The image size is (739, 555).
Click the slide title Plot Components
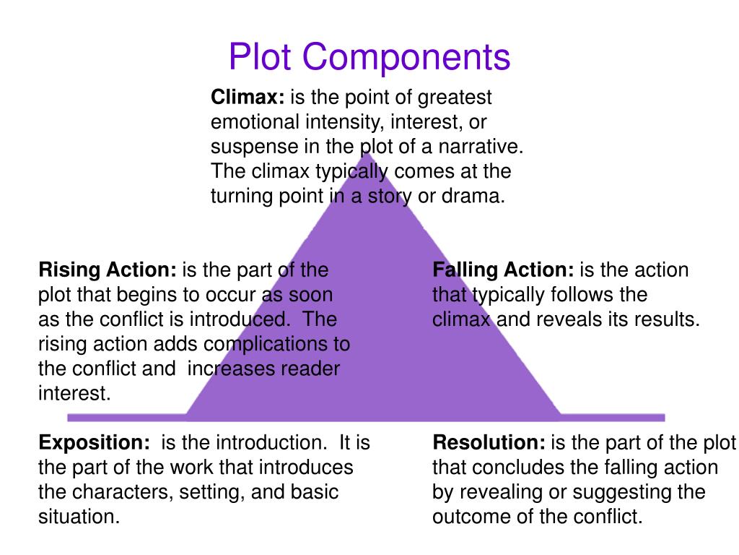point(369,57)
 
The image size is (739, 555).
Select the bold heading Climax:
point(246,97)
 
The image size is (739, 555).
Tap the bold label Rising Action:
point(107,270)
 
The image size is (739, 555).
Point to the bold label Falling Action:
point(503,270)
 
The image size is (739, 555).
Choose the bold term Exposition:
point(94,442)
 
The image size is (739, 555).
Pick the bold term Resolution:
point(489,442)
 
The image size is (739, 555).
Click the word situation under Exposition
point(79,517)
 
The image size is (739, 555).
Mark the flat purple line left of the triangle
point(126,417)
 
